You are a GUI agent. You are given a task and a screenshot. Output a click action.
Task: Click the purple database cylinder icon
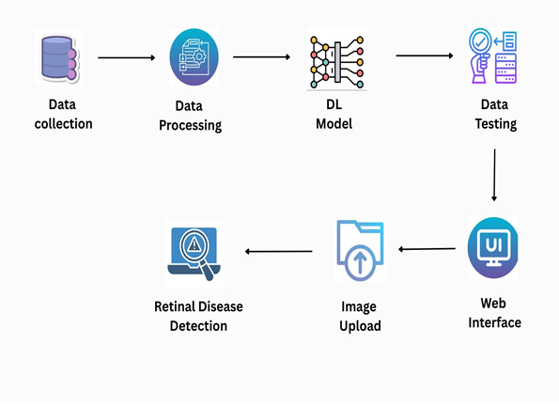59,57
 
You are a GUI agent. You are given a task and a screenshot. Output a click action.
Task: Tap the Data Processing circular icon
194,57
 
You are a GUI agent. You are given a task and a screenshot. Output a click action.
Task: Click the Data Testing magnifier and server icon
493,56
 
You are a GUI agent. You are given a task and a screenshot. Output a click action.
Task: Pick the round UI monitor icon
493,247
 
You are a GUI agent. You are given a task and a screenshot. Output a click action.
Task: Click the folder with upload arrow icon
360,250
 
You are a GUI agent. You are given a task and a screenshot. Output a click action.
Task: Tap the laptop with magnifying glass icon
194,253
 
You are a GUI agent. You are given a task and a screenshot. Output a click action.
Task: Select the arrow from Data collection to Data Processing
127,57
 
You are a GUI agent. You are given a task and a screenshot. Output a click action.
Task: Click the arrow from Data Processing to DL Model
262,56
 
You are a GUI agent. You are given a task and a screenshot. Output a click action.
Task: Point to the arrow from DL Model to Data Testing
425,55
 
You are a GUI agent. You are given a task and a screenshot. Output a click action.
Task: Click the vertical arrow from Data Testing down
494,175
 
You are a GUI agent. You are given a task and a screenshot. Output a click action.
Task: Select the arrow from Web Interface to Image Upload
427,249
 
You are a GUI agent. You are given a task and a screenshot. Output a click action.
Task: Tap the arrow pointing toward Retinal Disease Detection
279,251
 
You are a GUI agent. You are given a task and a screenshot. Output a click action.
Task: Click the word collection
64,124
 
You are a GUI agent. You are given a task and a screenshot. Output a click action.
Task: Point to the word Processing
191,126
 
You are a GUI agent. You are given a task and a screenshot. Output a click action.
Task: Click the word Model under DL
334,124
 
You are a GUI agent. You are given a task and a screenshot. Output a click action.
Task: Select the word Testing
496,124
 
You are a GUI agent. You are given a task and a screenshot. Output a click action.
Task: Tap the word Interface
495,322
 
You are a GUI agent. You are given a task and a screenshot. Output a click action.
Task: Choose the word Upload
360,326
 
